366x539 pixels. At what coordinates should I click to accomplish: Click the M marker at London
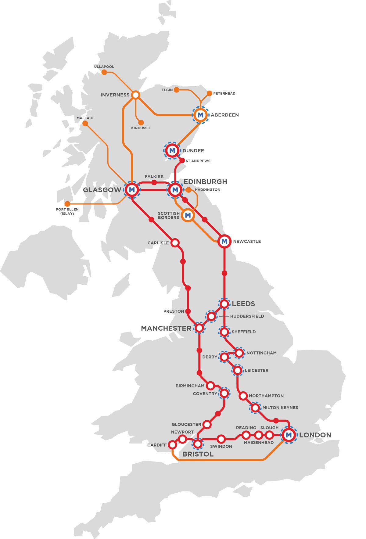point(289,435)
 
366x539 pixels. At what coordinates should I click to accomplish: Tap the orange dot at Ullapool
point(104,72)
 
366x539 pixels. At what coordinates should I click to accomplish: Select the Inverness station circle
point(136,95)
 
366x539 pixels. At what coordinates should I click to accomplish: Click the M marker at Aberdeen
point(200,115)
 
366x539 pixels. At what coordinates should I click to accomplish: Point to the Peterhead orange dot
point(210,93)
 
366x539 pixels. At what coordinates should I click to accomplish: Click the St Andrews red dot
point(182,160)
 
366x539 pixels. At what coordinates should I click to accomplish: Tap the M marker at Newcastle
point(224,242)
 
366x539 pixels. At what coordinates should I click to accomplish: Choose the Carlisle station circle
point(175,243)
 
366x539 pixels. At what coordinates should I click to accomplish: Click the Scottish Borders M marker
point(188,215)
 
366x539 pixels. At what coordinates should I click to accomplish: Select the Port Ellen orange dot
point(67,204)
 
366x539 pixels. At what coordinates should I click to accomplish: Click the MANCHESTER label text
point(166,328)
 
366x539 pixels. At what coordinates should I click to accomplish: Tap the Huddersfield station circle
point(211,316)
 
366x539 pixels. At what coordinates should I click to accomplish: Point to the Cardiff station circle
point(173,445)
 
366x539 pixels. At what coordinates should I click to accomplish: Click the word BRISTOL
point(198,454)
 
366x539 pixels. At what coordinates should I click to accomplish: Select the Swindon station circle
point(221,439)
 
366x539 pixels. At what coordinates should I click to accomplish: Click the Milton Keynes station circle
point(255,408)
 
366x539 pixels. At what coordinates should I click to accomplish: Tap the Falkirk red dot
point(154,182)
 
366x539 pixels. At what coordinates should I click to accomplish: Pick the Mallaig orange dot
point(85,124)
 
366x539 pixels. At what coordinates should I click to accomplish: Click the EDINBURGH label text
point(205,182)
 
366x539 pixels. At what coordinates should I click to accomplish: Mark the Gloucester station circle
point(207,424)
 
